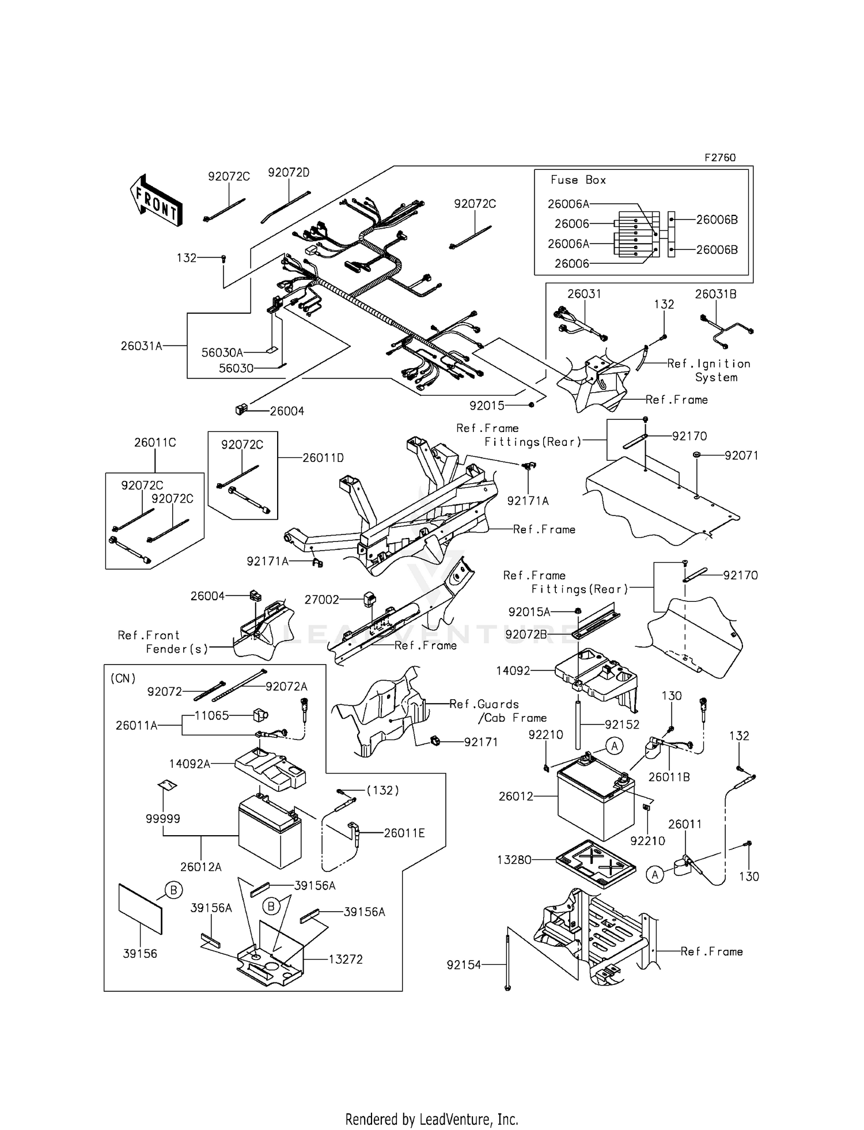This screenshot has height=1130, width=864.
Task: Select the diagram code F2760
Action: (720, 157)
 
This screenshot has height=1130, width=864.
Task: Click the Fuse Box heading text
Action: (578, 180)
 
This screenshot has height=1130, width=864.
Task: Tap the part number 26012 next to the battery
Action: (516, 797)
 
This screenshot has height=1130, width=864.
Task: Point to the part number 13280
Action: (514, 860)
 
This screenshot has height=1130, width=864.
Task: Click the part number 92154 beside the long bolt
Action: (463, 965)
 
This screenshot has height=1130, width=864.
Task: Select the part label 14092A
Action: (190, 764)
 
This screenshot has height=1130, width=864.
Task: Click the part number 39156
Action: (140, 954)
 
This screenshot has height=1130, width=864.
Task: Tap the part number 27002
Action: (321, 600)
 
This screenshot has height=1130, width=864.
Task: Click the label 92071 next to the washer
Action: (741, 456)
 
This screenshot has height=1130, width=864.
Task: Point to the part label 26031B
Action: (715, 294)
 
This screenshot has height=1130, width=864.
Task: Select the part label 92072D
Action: (288, 172)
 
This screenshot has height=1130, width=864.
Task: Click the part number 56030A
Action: (222, 352)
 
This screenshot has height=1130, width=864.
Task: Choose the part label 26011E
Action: (404, 833)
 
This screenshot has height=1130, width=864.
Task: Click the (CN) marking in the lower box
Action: (123, 678)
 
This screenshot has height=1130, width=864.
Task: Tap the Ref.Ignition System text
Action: (709, 370)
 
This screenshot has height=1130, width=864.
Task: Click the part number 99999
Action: (163, 818)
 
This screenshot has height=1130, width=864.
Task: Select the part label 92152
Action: (622, 725)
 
